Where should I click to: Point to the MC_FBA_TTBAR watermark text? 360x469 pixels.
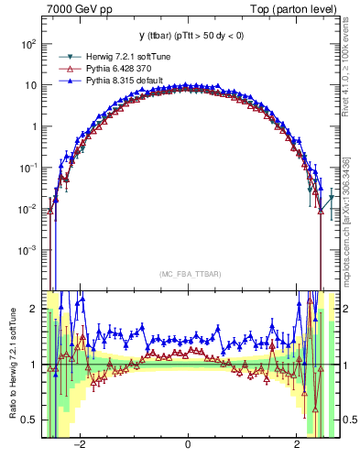188,275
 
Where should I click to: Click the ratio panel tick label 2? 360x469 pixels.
35,310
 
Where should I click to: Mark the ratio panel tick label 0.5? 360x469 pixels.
30,420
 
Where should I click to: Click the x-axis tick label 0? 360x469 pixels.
188,444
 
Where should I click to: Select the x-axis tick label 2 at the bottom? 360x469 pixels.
297,444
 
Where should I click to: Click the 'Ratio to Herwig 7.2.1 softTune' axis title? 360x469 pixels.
11,364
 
